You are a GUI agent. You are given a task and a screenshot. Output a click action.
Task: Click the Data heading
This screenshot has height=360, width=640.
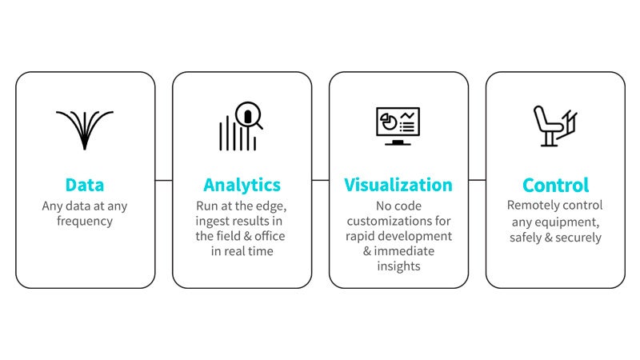(x=85, y=185)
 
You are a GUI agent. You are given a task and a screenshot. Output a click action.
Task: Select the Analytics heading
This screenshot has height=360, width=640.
(x=242, y=186)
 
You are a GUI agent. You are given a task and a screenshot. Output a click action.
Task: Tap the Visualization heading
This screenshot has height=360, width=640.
(x=398, y=185)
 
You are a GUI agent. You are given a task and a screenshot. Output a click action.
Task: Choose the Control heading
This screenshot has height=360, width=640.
(x=555, y=186)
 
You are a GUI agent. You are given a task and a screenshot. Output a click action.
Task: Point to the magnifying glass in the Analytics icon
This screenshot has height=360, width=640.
(x=248, y=114)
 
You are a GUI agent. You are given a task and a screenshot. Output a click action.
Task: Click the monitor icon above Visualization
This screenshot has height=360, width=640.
(x=398, y=126)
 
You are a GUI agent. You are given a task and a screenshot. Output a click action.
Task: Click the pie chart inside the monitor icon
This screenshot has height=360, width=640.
(x=389, y=122)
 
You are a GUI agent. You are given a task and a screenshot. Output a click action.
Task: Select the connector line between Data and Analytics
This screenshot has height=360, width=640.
(x=164, y=180)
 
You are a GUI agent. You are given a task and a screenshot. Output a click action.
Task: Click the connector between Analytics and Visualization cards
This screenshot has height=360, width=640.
(x=321, y=180)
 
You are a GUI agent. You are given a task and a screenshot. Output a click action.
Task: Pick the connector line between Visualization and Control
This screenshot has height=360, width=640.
(x=477, y=180)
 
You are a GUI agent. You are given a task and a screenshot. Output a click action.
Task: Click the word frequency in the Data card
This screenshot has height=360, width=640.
(x=85, y=222)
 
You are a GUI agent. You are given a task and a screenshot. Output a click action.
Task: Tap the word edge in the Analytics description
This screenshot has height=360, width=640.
(x=270, y=206)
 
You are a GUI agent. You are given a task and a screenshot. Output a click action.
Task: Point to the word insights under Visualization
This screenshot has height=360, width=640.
(x=398, y=266)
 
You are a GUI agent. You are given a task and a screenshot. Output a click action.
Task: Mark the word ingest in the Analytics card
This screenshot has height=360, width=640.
(x=210, y=222)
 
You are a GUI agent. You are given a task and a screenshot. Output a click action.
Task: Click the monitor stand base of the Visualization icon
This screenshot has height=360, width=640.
(x=398, y=144)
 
